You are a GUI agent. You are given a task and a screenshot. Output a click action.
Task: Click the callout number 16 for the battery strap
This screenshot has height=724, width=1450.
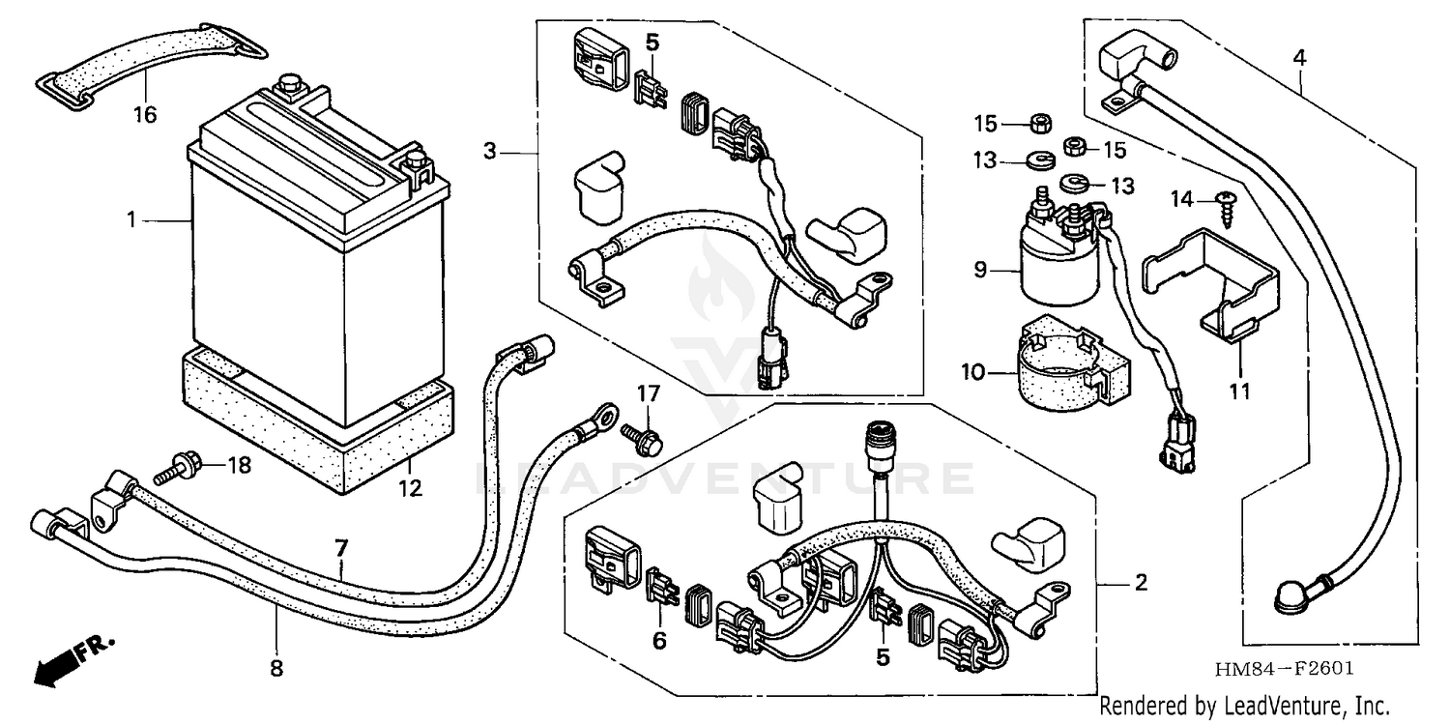pos(144,116)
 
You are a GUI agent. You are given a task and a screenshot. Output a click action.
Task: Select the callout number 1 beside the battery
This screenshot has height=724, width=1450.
pos(132,221)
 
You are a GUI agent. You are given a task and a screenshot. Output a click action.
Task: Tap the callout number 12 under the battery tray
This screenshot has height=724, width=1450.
pos(411,489)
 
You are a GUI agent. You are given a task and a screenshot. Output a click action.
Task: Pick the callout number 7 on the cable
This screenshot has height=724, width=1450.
pos(340,548)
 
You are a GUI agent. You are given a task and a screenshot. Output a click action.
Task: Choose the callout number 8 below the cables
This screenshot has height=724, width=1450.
pos(275,666)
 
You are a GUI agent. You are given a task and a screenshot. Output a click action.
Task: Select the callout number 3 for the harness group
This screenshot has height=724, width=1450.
pos(491,151)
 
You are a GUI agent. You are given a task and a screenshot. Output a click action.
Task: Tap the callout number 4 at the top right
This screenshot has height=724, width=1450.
pos(1299,57)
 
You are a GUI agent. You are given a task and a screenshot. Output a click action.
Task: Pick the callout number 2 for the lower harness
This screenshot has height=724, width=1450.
pos(1141,583)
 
